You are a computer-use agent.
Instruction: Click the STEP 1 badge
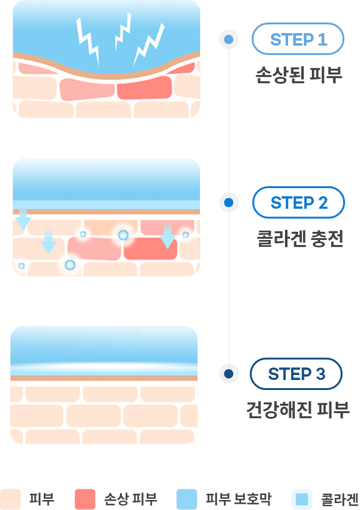coord(297,39)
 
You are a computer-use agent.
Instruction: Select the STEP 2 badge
coord(298,202)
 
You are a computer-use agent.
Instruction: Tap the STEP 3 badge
coord(296,374)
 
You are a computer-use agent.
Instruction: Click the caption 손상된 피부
coord(299,75)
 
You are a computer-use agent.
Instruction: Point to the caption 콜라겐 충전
coord(300,239)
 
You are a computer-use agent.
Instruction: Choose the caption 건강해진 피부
coord(297,410)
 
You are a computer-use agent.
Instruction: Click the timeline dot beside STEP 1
coord(229,39)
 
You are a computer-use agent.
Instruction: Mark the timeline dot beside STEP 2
coord(229,202)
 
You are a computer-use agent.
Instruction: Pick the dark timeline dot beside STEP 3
coord(229,374)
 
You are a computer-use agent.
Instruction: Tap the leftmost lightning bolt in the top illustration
coord(87,40)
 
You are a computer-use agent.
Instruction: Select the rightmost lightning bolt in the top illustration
coord(149,44)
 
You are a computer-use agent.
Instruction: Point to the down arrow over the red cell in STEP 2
coord(167,236)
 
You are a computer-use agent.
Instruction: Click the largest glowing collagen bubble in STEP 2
coord(123,235)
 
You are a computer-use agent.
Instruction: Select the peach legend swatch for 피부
coord(10,499)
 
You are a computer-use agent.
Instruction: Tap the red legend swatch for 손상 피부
coord(85,499)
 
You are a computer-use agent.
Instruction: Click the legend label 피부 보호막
coord(238,499)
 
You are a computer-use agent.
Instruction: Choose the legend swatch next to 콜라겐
coord(302,499)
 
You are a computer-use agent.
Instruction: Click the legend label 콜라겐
coord(340,499)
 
